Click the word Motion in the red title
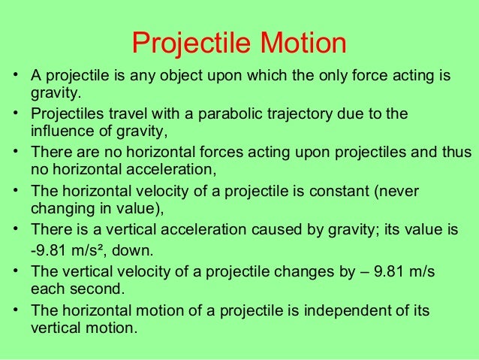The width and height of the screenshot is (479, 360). [x=303, y=44]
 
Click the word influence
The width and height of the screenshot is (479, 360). [x=59, y=134]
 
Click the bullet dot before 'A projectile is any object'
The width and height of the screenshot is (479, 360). [x=14, y=76]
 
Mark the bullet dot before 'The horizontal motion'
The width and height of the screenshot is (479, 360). [x=14, y=310]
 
